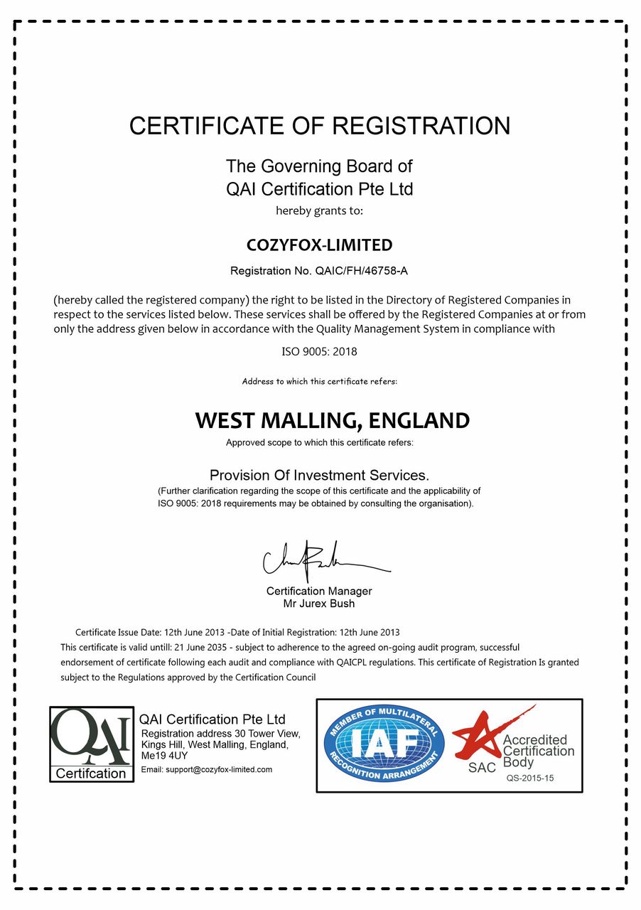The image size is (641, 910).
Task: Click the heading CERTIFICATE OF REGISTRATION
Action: (320, 126)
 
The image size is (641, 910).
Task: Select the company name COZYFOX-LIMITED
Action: (319, 245)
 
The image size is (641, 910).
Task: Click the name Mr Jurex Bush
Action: (319, 604)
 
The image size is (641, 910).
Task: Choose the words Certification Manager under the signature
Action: (319, 591)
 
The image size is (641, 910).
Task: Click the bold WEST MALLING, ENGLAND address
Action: (332, 420)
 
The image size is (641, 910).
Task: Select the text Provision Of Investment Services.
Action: (319, 475)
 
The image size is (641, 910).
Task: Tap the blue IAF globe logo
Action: (384, 744)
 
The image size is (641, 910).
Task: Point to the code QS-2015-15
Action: (529, 778)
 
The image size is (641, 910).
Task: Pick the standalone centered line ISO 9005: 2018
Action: (319, 351)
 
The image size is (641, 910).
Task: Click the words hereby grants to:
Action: (319, 210)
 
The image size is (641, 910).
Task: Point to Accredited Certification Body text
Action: (538, 751)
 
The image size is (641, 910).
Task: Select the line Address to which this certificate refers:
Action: (319, 382)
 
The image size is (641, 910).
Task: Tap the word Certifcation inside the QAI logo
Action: (91, 773)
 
